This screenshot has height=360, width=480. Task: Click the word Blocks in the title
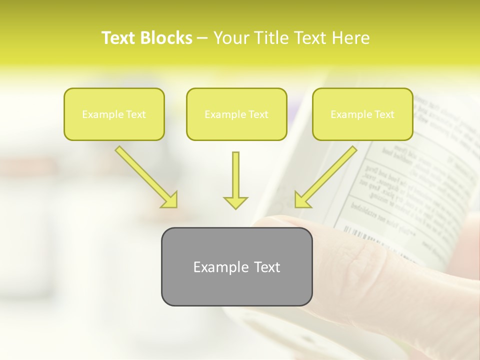(166, 38)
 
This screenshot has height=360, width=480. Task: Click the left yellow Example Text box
(114, 114)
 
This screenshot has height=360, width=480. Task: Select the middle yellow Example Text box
(236, 114)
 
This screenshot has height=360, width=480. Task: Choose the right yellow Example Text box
(362, 114)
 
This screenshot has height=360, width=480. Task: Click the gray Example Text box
(236, 266)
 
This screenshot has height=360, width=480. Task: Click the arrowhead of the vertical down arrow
(235, 202)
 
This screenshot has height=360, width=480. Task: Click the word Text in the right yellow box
(384, 114)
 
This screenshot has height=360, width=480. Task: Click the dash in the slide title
(203, 38)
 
